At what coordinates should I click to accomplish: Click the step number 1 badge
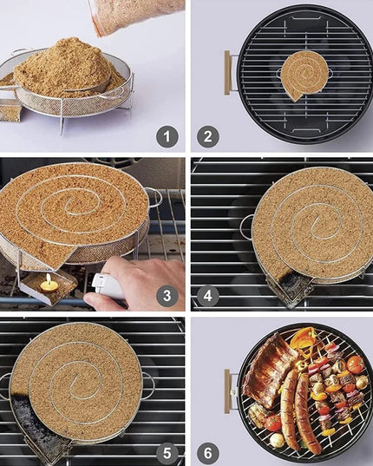[167, 135]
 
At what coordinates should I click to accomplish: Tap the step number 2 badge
[209, 135]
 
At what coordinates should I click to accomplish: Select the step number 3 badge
[167, 295]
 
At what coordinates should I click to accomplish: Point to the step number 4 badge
[209, 295]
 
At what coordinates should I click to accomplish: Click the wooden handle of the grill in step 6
[229, 388]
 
